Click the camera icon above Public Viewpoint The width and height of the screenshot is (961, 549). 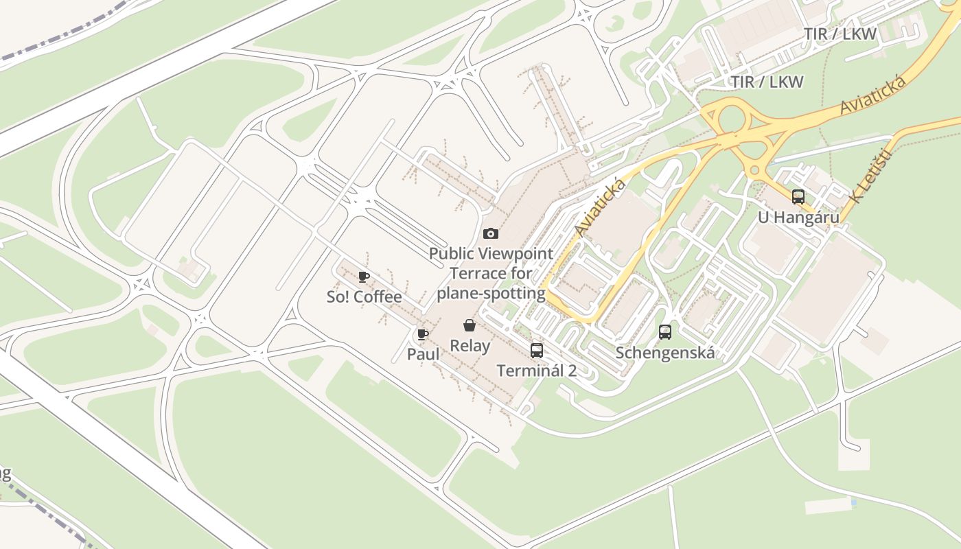tap(491, 234)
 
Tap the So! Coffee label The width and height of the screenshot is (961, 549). tap(364, 297)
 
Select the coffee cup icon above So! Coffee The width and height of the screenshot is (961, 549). tap(364, 277)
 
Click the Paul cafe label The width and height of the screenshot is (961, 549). tap(423, 354)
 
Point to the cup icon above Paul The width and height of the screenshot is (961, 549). tap(423, 334)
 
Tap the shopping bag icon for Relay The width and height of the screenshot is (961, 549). tap(470, 325)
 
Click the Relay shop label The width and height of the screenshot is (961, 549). tap(470, 345)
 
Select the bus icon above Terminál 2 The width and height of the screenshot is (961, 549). tap(537, 351)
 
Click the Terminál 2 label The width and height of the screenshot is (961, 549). tap(537, 371)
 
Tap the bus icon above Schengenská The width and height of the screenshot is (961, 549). tap(665, 333)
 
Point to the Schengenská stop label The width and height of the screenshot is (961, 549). tap(665, 353)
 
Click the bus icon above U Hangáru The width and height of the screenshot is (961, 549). tap(798, 197)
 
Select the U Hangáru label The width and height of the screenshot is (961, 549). tap(798, 218)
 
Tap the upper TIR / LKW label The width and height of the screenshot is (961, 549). tap(840, 34)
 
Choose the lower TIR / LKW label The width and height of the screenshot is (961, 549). tap(767, 82)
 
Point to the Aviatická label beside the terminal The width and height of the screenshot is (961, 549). tap(601, 207)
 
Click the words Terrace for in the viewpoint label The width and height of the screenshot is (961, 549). tap(491, 273)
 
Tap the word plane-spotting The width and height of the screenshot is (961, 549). tap(491, 294)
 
